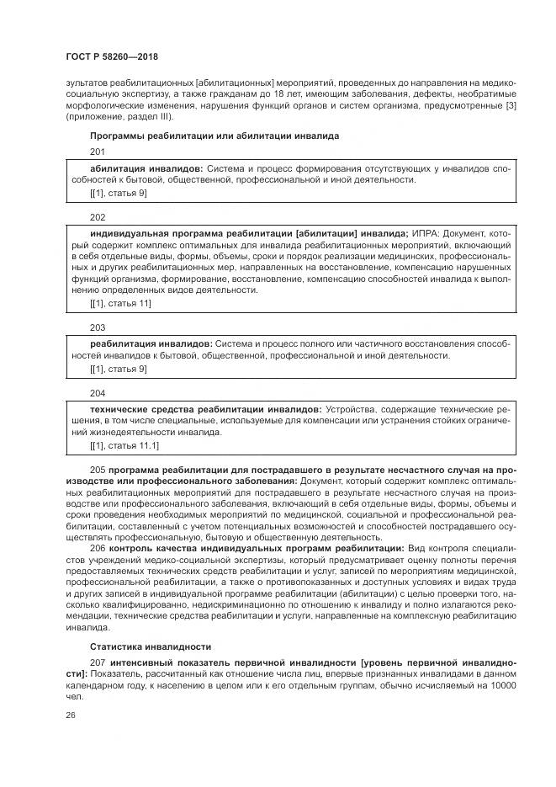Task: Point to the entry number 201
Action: click(97, 152)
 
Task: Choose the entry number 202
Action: click(97, 216)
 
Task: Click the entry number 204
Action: click(97, 392)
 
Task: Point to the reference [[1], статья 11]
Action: click(120, 303)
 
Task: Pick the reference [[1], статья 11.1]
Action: click(124, 445)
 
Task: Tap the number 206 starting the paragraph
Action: click(97, 548)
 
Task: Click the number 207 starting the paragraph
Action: click(97, 662)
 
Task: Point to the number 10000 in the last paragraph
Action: click(500, 686)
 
